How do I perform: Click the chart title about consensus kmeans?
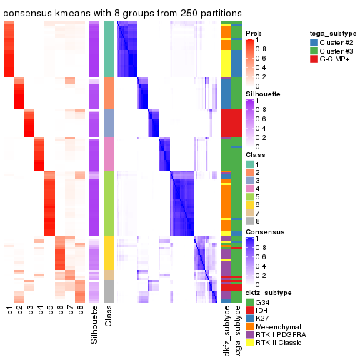(122, 14)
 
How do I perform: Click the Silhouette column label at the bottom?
(94, 325)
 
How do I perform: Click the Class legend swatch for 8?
(250, 221)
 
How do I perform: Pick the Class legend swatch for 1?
(250, 164)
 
